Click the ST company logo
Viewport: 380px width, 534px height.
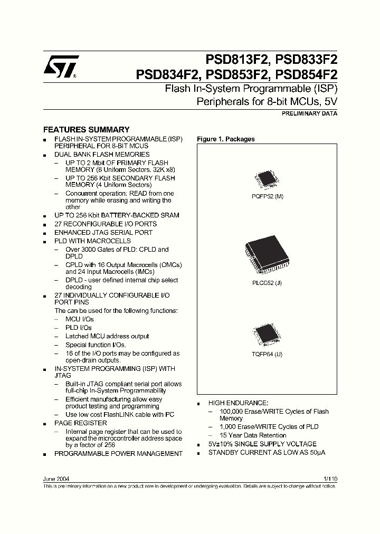click(x=61, y=67)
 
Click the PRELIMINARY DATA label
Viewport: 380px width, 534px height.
click(x=310, y=113)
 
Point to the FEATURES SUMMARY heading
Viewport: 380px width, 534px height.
click(x=86, y=129)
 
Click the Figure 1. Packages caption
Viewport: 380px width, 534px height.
click(x=226, y=139)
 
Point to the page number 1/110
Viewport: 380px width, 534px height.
click(x=330, y=479)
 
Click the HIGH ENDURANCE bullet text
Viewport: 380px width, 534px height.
click(x=238, y=403)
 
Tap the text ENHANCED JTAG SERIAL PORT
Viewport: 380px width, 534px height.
click(x=103, y=232)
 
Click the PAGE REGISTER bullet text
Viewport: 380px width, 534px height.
click(x=81, y=423)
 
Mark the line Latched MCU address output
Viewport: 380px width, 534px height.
click(x=107, y=336)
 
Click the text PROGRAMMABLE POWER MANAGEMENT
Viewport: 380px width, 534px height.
click(x=118, y=453)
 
